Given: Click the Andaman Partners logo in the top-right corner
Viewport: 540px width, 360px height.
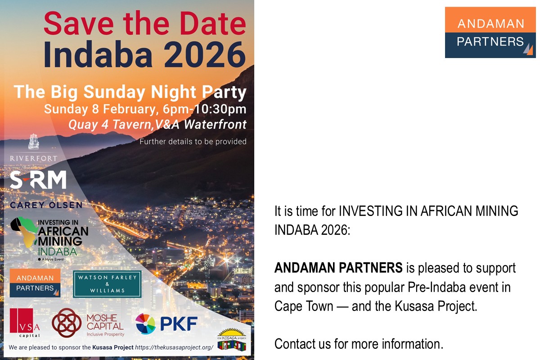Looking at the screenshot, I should pyautogui.click(x=490, y=32).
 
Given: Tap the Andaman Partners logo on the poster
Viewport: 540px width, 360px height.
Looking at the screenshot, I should pyautogui.click(x=35, y=283).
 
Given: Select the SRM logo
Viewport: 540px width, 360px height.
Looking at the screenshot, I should pyautogui.click(x=38, y=180).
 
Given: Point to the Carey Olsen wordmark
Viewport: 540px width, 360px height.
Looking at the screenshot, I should pyautogui.click(x=46, y=205).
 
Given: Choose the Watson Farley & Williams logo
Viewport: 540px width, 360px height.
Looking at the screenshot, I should pyautogui.click(x=107, y=284).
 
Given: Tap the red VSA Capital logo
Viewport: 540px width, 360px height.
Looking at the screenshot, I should pyautogui.click(x=25, y=323).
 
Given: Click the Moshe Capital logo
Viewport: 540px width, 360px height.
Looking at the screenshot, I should pyautogui.click(x=88, y=323).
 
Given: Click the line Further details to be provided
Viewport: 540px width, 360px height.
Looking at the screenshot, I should pyautogui.click(x=193, y=141).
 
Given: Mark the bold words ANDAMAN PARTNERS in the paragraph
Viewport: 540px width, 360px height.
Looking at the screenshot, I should pyautogui.click(x=338, y=268).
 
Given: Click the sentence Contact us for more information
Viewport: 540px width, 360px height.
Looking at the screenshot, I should pyautogui.click(x=359, y=344).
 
